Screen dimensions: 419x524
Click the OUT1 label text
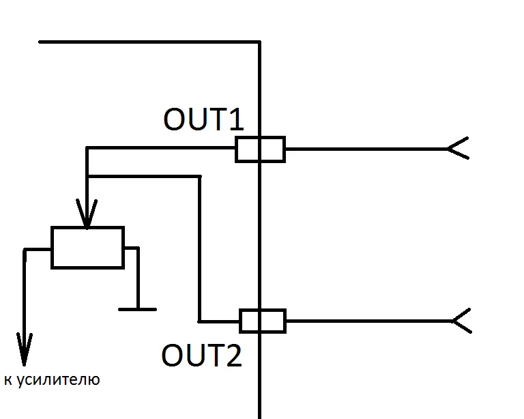point(203,119)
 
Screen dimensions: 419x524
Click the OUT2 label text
point(202,356)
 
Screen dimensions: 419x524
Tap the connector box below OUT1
point(260,149)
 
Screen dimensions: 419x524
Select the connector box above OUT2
point(262,320)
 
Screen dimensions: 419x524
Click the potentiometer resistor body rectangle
point(87,247)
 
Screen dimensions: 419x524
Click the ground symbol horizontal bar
point(137,309)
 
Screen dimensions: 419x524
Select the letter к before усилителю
point(8,380)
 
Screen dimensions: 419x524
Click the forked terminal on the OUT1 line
point(457,148)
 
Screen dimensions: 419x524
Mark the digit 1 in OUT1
point(234,119)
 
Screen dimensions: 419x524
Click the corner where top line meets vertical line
point(259,42)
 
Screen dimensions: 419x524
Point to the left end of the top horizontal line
point(40,42)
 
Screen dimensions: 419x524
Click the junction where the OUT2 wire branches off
point(87,177)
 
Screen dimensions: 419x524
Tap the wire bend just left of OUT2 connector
point(200,320)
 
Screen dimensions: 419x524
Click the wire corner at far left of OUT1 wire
point(87,148)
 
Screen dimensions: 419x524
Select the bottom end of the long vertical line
point(260,416)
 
